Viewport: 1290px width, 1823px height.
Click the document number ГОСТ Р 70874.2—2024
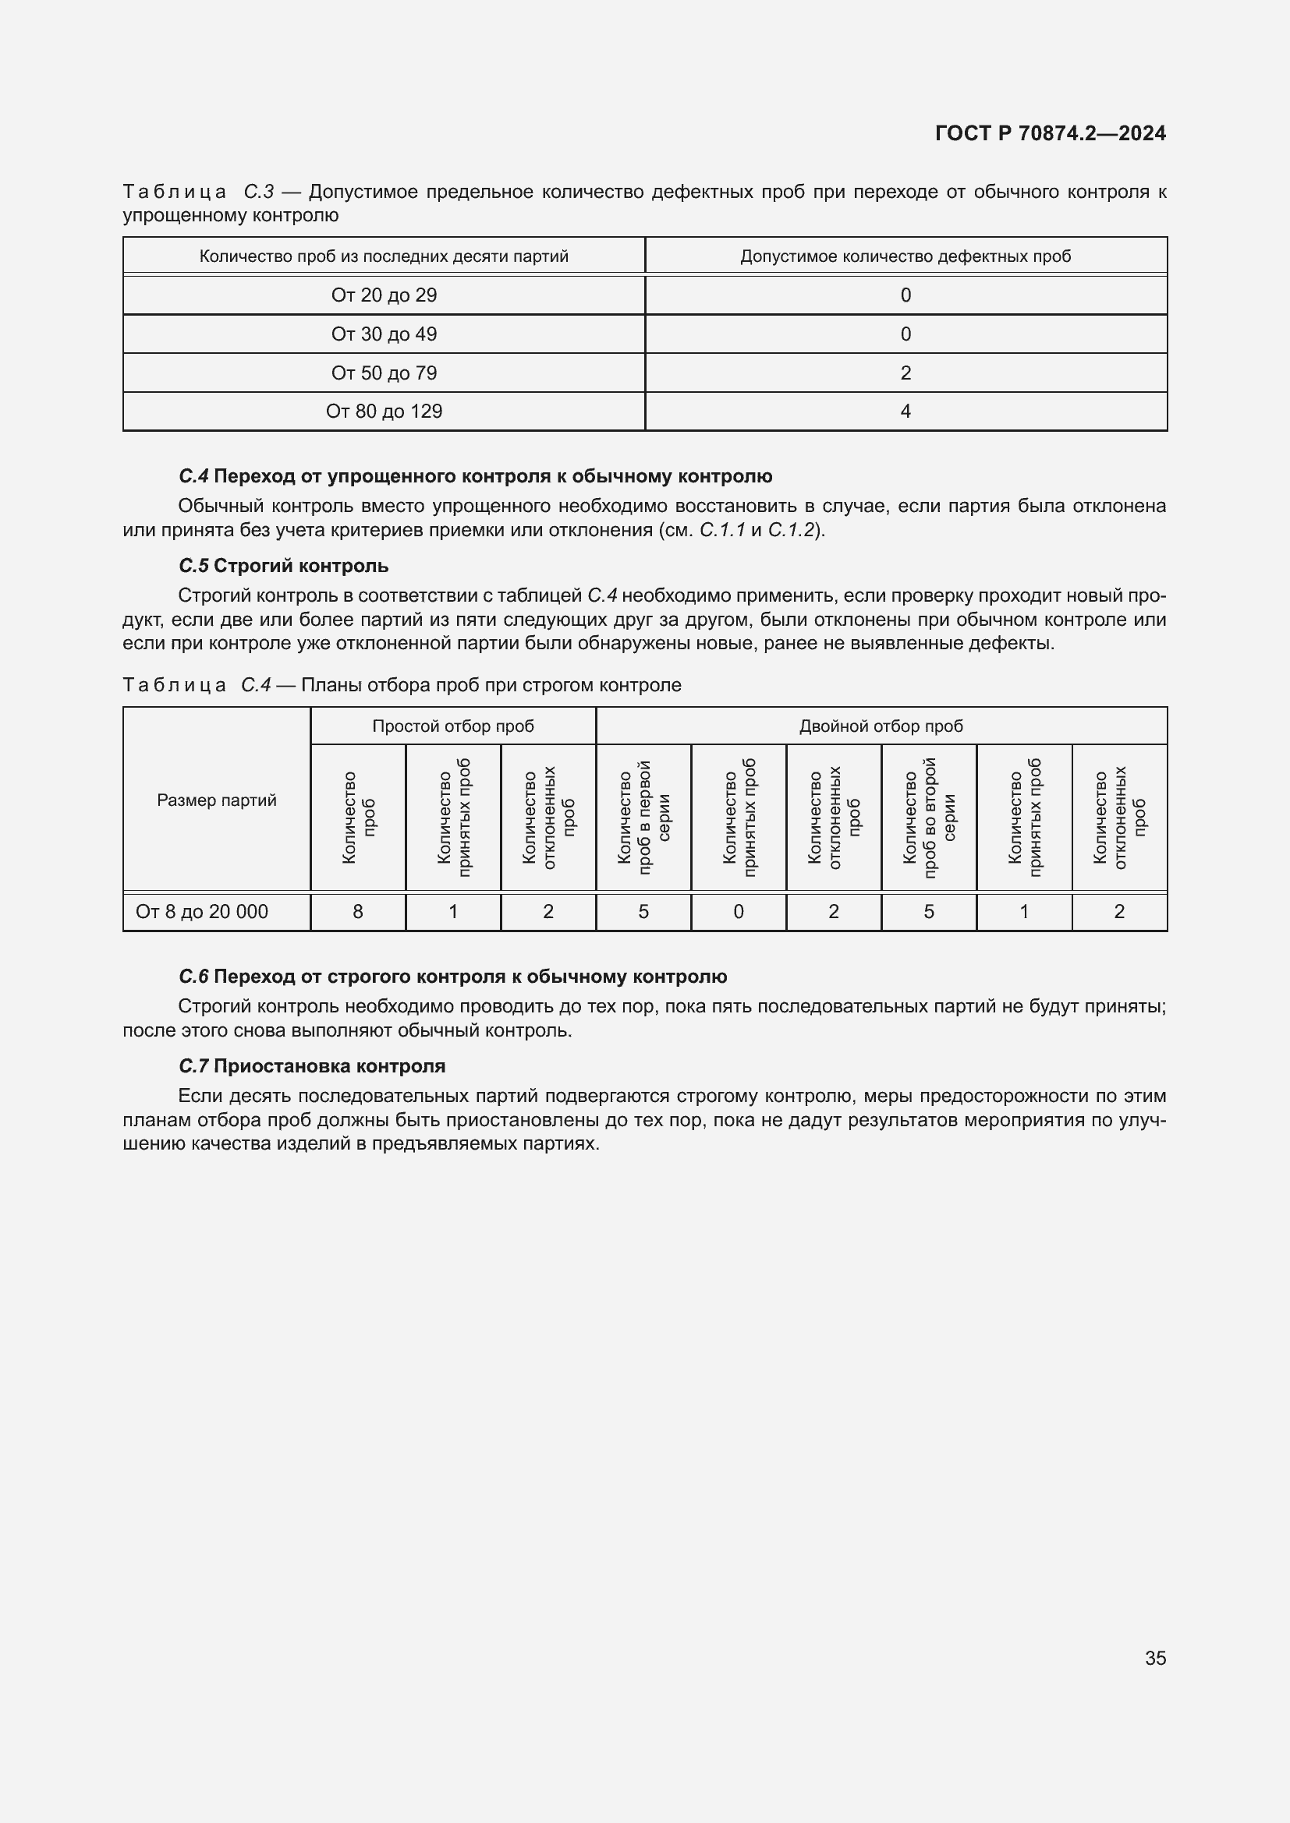point(1050,133)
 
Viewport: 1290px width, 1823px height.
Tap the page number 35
point(1155,1658)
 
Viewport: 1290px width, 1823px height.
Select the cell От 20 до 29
point(384,295)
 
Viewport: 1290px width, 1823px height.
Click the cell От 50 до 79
point(384,373)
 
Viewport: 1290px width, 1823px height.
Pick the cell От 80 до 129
point(384,412)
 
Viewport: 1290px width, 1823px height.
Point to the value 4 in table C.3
point(905,412)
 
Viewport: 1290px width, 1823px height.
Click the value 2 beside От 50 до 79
point(905,373)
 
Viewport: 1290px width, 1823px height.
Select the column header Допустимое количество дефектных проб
point(905,256)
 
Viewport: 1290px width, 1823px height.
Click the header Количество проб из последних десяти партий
point(384,256)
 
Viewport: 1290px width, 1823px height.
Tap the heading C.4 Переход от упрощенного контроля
point(475,476)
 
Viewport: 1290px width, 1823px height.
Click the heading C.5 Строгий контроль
point(284,566)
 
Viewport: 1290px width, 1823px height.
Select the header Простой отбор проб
point(453,726)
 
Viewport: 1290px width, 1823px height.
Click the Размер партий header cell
point(216,800)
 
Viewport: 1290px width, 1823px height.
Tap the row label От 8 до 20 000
point(202,912)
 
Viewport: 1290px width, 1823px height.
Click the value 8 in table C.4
point(357,912)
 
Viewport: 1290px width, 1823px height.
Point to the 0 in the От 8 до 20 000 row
point(739,912)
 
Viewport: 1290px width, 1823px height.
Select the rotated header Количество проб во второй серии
point(929,818)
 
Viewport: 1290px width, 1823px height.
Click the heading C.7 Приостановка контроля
point(311,1066)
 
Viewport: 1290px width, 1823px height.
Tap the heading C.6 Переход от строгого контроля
point(453,977)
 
